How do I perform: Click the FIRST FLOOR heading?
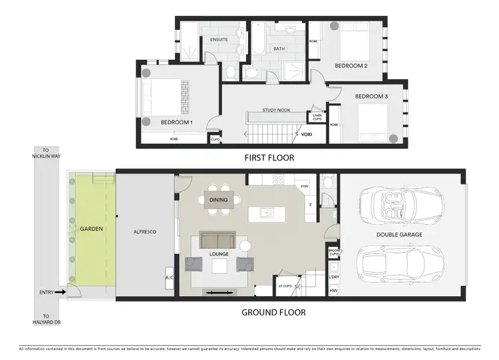point(269,158)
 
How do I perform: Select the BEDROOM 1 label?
point(176,122)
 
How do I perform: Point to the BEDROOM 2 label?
point(351,66)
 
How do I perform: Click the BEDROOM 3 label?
point(371,96)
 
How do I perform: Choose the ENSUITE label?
point(219,40)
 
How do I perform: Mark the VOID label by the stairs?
point(306,134)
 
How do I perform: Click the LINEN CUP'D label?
point(317,117)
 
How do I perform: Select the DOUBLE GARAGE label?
point(399,234)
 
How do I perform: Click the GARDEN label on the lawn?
point(91,229)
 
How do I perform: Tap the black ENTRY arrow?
point(59,291)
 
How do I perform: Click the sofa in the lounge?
point(218,240)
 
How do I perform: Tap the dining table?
point(218,200)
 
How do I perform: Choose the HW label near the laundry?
point(333,290)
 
